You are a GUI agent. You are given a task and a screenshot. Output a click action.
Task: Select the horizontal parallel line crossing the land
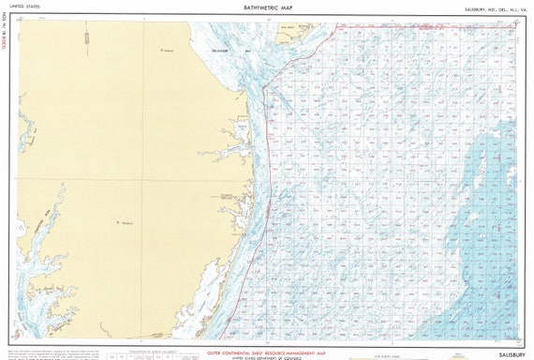[x=94, y=179]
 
